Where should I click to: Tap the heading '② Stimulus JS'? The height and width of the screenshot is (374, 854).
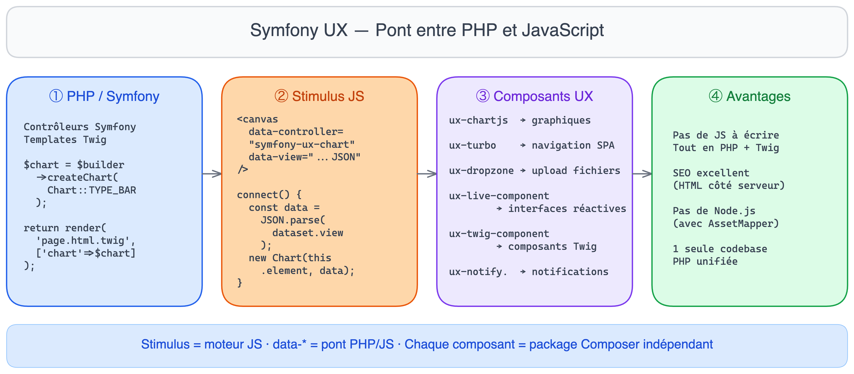point(319,96)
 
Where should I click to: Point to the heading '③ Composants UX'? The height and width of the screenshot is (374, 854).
point(535,96)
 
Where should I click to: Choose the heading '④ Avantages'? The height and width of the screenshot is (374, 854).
point(750,96)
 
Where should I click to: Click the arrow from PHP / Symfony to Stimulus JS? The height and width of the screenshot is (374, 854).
point(212,174)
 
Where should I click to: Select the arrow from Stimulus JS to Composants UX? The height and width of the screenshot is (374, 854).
point(427,174)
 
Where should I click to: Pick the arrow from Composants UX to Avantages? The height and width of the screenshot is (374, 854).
point(642,174)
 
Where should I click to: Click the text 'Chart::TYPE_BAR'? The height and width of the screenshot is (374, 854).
point(92,190)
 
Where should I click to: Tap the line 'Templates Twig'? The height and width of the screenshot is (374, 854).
point(65,140)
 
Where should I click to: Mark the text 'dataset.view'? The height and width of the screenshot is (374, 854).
point(308,233)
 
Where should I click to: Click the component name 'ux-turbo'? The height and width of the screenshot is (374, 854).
point(473,145)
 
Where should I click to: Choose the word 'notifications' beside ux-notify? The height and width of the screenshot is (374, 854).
point(570,272)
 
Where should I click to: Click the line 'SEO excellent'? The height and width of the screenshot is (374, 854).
point(711,173)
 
